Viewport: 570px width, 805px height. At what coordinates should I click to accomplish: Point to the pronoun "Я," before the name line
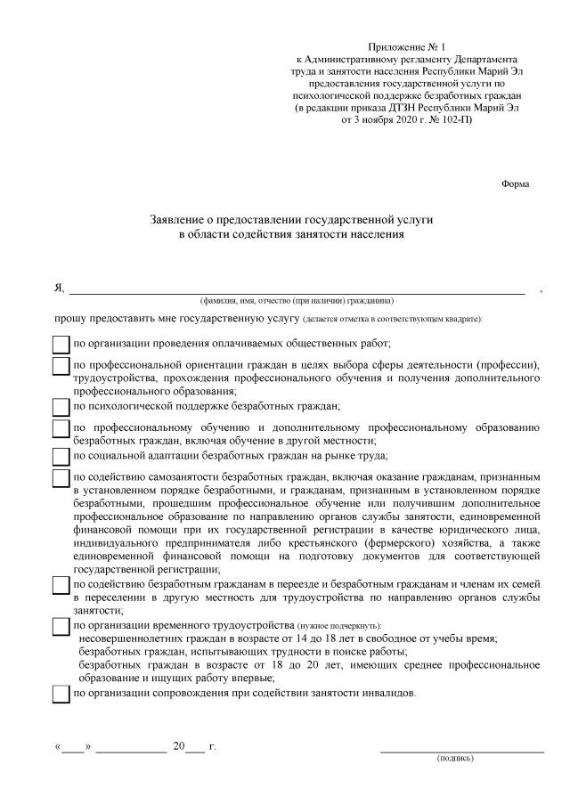59,288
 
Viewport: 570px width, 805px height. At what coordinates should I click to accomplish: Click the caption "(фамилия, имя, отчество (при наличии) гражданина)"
297,300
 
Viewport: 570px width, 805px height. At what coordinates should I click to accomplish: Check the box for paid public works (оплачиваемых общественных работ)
61,344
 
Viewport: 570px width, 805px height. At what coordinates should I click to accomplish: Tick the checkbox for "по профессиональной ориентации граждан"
61,366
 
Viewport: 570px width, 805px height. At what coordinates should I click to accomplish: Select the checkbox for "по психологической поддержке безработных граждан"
61,406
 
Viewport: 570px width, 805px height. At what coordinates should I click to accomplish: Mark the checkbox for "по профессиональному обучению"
61,428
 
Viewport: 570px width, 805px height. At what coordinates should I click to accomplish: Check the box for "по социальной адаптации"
61,456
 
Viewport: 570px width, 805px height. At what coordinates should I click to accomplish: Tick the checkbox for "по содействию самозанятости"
61,478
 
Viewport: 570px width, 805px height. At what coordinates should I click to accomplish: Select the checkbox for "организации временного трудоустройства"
61,628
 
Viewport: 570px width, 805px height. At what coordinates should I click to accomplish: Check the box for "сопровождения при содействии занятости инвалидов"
61,694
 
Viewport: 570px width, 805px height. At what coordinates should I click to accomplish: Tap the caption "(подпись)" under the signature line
455,760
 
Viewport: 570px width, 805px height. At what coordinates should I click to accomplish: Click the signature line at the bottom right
461,752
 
